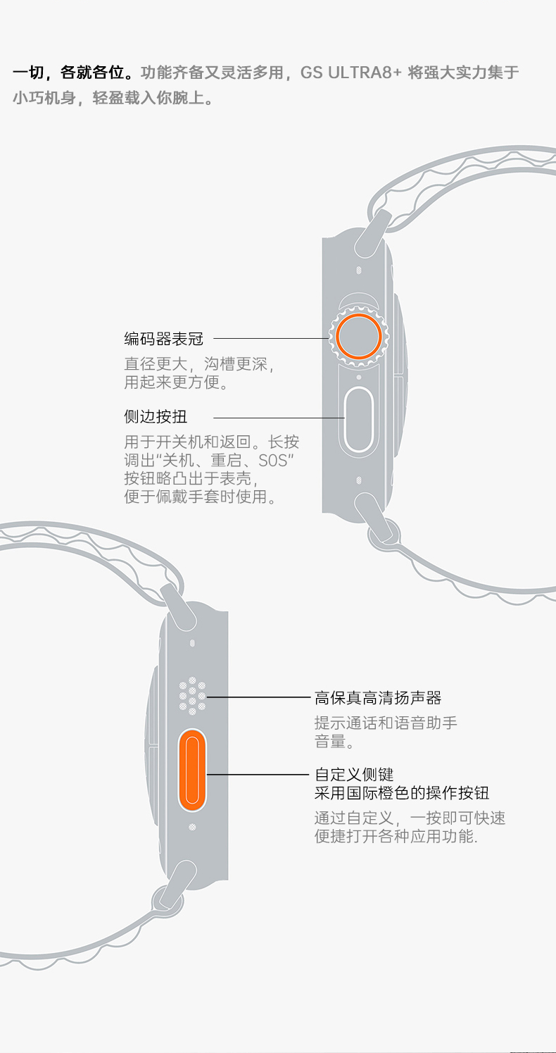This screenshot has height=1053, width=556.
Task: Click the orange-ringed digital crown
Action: pyautogui.click(x=358, y=336)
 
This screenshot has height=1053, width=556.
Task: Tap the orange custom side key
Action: pyautogui.click(x=191, y=770)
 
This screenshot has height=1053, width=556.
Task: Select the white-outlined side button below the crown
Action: pyautogui.click(x=358, y=419)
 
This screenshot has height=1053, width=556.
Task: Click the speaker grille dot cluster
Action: pyautogui.click(x=192, y=697)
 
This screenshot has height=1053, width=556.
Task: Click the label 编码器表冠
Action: pyautogui.click(x=164, y=339)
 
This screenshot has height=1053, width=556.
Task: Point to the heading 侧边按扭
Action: pyautogui.click(x=156, y=417)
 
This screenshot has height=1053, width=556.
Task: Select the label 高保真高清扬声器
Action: pyautogui.click(x=378, y=698)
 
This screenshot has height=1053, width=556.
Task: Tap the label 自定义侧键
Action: pyautogui.click(x=354, y=775)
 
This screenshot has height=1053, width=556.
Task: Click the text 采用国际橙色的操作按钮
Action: pyautogui.click(x=402, y=793)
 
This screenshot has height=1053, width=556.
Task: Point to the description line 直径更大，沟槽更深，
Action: pyautogui.click(x=198, y=365)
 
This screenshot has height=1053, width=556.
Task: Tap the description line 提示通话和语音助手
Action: pyautogui.click(x=386, y=723)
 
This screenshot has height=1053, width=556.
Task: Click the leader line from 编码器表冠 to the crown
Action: pyautogui.click(x=271, y=339)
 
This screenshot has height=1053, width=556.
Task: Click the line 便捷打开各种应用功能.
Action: pyautogui.click(x=396, y=837)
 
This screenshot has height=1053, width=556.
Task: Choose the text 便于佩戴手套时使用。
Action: pyautogui.click(x=200, y=497)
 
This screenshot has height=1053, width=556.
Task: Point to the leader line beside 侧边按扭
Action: pyautogui.click(x=279, y=418)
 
